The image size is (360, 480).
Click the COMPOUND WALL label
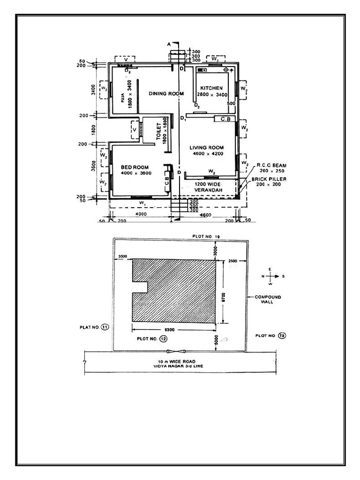coord(268,300)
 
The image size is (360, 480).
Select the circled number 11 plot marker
coord(105,327)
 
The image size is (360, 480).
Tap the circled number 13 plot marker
coord(281,335)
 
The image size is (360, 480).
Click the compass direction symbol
coord(270,277)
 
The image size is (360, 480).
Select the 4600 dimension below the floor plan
coord(205,215)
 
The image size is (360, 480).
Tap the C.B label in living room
coord(225,120)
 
